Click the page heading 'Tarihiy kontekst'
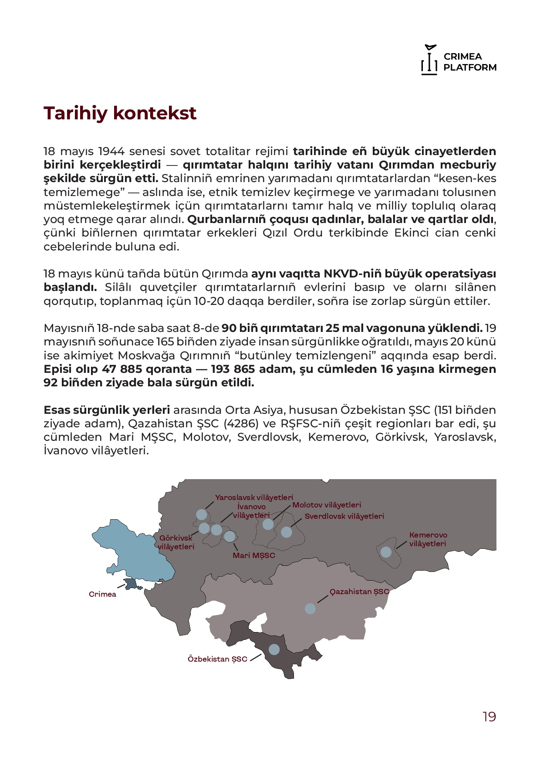pos(120,113)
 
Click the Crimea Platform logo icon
pos(429,60)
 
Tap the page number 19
pos(489,717)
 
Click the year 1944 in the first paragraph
pos(111,152)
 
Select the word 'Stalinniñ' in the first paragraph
pos(185,179)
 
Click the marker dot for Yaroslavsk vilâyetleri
pos(201,514)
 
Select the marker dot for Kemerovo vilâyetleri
pos(386,552)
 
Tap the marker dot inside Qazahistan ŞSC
pos(310,608)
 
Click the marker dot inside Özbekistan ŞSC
pos(274,649)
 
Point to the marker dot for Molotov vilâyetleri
pos(268,524)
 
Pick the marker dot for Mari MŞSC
pos(229,536)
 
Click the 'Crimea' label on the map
pos(102,595)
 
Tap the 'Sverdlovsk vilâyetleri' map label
pos(344,517)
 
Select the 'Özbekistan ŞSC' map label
pos(217,659)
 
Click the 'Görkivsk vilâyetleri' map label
pos(176,542)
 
